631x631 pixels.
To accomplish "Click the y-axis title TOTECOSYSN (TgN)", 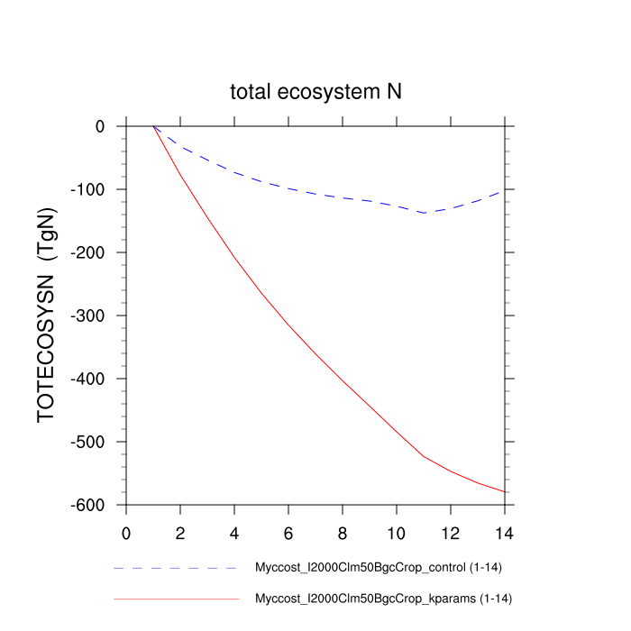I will [47, 315].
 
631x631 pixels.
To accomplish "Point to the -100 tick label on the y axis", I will [89, 190].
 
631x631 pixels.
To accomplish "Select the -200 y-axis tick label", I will [89, 253].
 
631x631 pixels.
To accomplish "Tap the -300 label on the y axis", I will [89, 316].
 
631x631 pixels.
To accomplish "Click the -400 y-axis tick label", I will [89, 380].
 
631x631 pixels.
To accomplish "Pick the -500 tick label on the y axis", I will [89, 443].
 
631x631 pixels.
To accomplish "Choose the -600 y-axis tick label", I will [89, 506].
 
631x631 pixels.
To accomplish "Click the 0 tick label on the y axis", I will [100, 127].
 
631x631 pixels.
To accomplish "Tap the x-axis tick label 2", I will [180, 533].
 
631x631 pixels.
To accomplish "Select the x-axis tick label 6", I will [288, 533].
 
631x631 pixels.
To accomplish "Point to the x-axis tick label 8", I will [343, 533].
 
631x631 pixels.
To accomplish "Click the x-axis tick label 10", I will [397, 533].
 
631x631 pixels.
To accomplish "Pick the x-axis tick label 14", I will [505, 533].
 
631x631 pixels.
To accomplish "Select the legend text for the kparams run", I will [384, 598].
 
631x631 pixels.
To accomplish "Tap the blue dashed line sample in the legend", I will [176, 569].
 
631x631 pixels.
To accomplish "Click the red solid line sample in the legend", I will [176, 598].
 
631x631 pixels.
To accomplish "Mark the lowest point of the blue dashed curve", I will [424, 213].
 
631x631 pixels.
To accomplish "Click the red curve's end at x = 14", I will [505, 491].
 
